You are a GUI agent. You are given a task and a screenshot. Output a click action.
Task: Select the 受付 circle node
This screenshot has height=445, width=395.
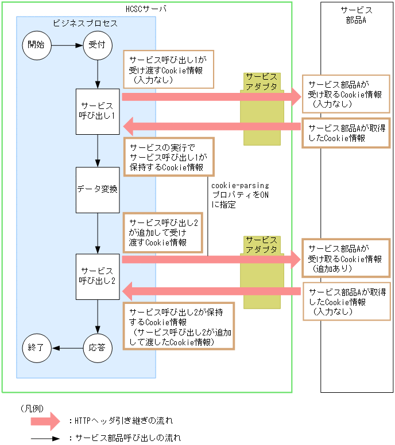click(x=98, y=45)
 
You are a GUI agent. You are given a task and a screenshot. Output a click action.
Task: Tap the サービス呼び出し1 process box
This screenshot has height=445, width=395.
click(x=98, y=111)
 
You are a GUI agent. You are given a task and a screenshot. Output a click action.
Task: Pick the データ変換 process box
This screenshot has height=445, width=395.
click(x=98, y=189)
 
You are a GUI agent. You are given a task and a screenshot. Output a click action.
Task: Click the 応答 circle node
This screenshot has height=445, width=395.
click(x=98, y=348)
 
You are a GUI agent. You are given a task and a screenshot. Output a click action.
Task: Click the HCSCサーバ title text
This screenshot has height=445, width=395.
click(x=146, y=9)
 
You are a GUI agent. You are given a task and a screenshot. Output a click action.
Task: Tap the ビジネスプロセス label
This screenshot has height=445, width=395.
click(x=85, y=24)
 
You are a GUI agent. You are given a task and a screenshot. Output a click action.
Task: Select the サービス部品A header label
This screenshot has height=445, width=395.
click(x=356, y=15)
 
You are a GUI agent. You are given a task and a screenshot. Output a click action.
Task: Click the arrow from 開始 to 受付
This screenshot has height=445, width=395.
click(x=67, y=45)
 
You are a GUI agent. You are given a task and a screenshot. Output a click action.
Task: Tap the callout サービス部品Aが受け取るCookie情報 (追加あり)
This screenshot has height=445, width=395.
click(x=347, y=258)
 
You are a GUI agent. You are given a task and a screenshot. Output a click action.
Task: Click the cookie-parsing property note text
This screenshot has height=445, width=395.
click(x=239, y=195)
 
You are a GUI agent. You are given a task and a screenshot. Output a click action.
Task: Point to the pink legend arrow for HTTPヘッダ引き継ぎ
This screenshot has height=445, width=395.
click(x=46, y=421)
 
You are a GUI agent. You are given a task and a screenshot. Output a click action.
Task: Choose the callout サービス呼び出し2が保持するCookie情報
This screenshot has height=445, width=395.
click(x=179, y=326)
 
